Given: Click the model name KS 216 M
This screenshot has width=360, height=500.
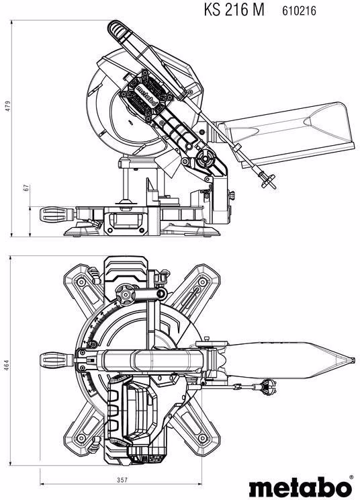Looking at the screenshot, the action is [x=234, y=9].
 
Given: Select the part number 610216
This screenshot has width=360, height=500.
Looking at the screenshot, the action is [x=299, y=11].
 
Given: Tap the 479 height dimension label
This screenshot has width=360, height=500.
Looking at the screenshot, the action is [x=8, y=106].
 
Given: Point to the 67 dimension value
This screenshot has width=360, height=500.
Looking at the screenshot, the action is [x=27, y=187].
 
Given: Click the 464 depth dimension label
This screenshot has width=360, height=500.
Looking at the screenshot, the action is [x=7, y=365].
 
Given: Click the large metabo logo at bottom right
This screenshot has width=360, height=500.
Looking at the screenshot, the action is [x=300, y=487].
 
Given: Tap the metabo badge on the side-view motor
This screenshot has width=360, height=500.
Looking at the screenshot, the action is [x=146, y=95].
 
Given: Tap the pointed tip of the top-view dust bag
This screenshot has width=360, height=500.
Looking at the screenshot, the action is [x=353, y=360].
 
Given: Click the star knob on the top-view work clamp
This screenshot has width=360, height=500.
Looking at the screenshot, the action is [x=125, y=294].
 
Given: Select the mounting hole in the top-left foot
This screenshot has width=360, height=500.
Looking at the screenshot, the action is [x=81, y=282].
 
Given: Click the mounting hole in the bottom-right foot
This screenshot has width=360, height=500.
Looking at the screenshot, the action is [x=202, y=438].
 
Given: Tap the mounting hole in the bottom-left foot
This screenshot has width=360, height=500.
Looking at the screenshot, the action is [x=81, y=438].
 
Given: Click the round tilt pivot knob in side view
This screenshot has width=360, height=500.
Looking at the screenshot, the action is [x=204, y=159].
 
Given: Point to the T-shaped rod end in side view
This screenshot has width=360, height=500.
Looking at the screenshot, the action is [x=268, y=181].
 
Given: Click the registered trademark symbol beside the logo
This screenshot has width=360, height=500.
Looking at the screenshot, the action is [x=351, y=477].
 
